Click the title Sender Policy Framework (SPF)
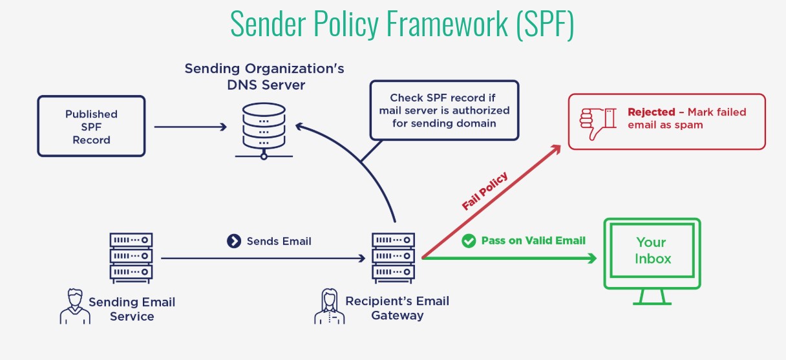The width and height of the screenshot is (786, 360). click(x=402, y=25)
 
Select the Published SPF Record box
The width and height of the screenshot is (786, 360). click(x=92, y=127)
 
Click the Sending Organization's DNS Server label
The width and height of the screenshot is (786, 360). click(x=264, y=76)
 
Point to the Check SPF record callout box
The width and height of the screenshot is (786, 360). click(x=444, y=110)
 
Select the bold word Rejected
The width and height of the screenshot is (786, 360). click(x=651, y=112)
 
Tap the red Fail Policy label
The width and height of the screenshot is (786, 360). click(x=485, y=191)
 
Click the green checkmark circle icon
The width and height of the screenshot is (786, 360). click(x=469, y=241)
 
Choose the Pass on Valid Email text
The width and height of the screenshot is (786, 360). click(x=533, y=240)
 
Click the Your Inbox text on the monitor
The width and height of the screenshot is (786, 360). click(x=652, y=250)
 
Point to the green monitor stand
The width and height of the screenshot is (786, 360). click(x=652, y=297)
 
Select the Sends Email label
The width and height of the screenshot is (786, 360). click(x=279, y=241)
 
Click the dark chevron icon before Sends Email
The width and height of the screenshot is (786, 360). click(x=234, y=241)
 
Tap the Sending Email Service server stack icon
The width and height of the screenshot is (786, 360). click(x=131, y=257)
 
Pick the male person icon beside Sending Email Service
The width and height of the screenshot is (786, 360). click(x=75, y=307)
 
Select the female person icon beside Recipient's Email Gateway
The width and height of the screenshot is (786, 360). click(x=329, y=307)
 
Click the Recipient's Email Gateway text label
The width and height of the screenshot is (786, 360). click(x=397, y=308)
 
